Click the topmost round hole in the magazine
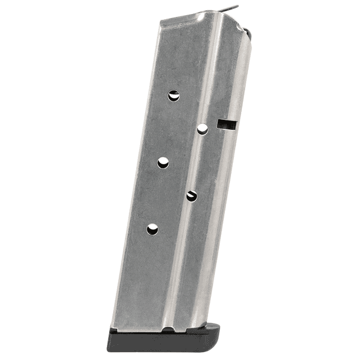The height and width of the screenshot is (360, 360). click(x=174, y=96)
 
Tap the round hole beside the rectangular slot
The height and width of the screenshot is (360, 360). click(x=202, y=129)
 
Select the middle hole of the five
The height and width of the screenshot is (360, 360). click(x=163, y=163)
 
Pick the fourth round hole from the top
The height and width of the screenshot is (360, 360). click(x=192, y=196)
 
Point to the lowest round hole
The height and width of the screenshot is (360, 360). click(x=152, y=229)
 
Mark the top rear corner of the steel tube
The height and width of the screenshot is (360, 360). click(x=161, y=21)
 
